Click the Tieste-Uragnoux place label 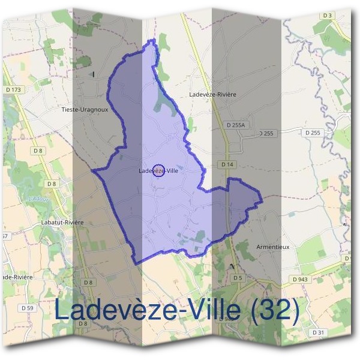93,110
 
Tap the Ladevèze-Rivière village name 212,95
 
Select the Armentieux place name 272,247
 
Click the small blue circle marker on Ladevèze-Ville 158,170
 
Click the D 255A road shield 237,125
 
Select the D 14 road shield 227,164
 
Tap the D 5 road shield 238,278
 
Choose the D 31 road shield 318,332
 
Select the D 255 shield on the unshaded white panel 312,133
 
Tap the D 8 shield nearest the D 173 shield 38,151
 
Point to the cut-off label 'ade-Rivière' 17,277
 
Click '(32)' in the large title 274,310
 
